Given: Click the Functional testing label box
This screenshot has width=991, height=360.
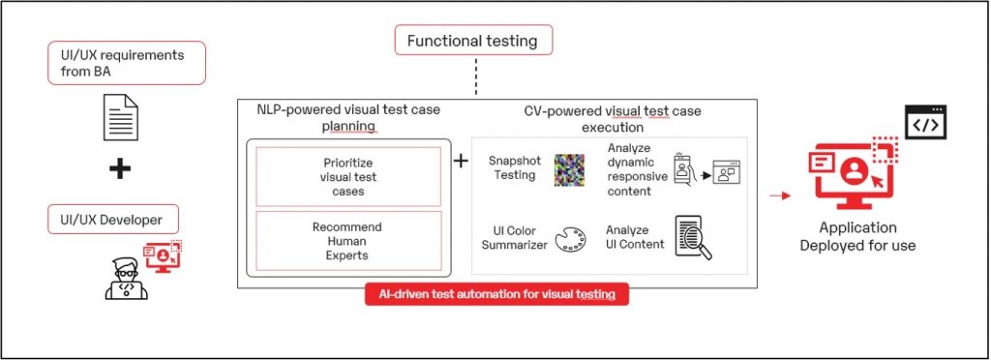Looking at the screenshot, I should tap(473, 42).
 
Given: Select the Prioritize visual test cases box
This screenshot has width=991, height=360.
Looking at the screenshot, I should tap(347, 176).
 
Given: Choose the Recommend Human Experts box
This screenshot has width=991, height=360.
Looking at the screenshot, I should tap(347, 240).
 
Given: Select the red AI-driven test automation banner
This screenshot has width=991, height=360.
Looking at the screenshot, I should tap(496, 293).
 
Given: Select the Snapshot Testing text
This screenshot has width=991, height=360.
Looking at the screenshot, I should tap(512, 168).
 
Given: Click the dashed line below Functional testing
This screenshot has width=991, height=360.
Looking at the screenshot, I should tap(476, 78).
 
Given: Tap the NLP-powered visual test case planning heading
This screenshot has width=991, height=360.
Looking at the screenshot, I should tap(348, 119).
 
